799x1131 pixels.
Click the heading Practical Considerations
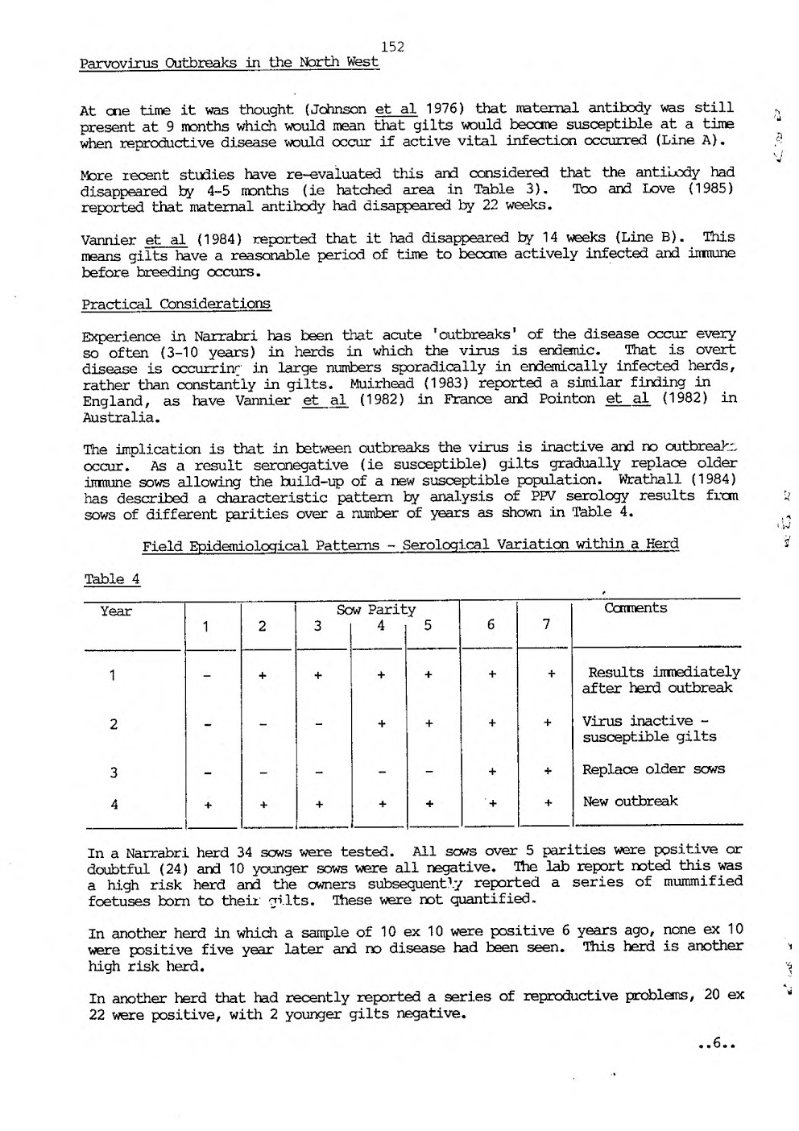[x=176, y=304]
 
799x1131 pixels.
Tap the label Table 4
[x=112, y=579]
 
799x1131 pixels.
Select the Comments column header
[x=635, y=608]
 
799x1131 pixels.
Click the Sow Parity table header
[x=376, y=610]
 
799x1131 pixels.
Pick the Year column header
[x=116, y=611]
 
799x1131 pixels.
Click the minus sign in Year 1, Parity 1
[x=208, y=677]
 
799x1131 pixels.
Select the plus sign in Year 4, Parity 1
[x=208, y=804]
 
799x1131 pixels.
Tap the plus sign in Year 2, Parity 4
[x=380, y=724]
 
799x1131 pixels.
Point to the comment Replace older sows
[x=653, y=768]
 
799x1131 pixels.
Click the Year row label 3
[x=114, y=773]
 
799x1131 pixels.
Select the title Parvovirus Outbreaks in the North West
[x=230, y=63]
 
